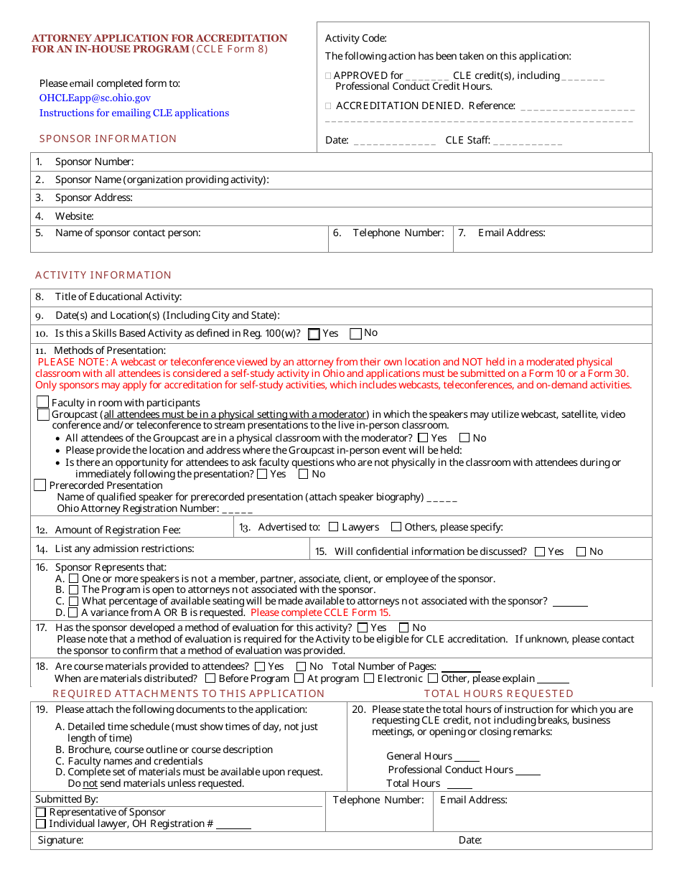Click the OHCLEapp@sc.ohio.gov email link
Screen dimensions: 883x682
pos(95,98)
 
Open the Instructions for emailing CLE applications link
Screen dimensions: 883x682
pos(134,113)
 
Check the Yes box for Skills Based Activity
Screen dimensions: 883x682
pos(314,334)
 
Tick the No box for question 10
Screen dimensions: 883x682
pos(355,334)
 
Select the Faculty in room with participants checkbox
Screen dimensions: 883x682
pos(43,403)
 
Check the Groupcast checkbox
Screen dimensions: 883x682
pos(43,414)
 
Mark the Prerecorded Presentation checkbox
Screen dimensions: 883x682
pos(40,486)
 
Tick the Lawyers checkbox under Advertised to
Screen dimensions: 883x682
pos(333,527)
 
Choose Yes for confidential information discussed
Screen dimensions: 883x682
pos(541,551)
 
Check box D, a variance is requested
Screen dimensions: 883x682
pos(73,612)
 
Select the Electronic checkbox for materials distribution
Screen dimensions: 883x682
pos(369,678)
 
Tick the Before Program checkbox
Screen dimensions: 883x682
pos(210,678)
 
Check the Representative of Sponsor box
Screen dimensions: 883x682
pos(41,812)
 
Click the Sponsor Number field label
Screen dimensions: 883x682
pos(94,162)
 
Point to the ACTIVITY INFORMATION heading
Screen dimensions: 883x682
pos(103,275)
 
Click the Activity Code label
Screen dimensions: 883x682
pos(355,39)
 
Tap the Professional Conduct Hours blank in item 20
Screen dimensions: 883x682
pos(528,770)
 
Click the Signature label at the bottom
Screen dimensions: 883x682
pos(60,840)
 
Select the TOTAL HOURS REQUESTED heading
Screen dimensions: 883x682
pos(498,693)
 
